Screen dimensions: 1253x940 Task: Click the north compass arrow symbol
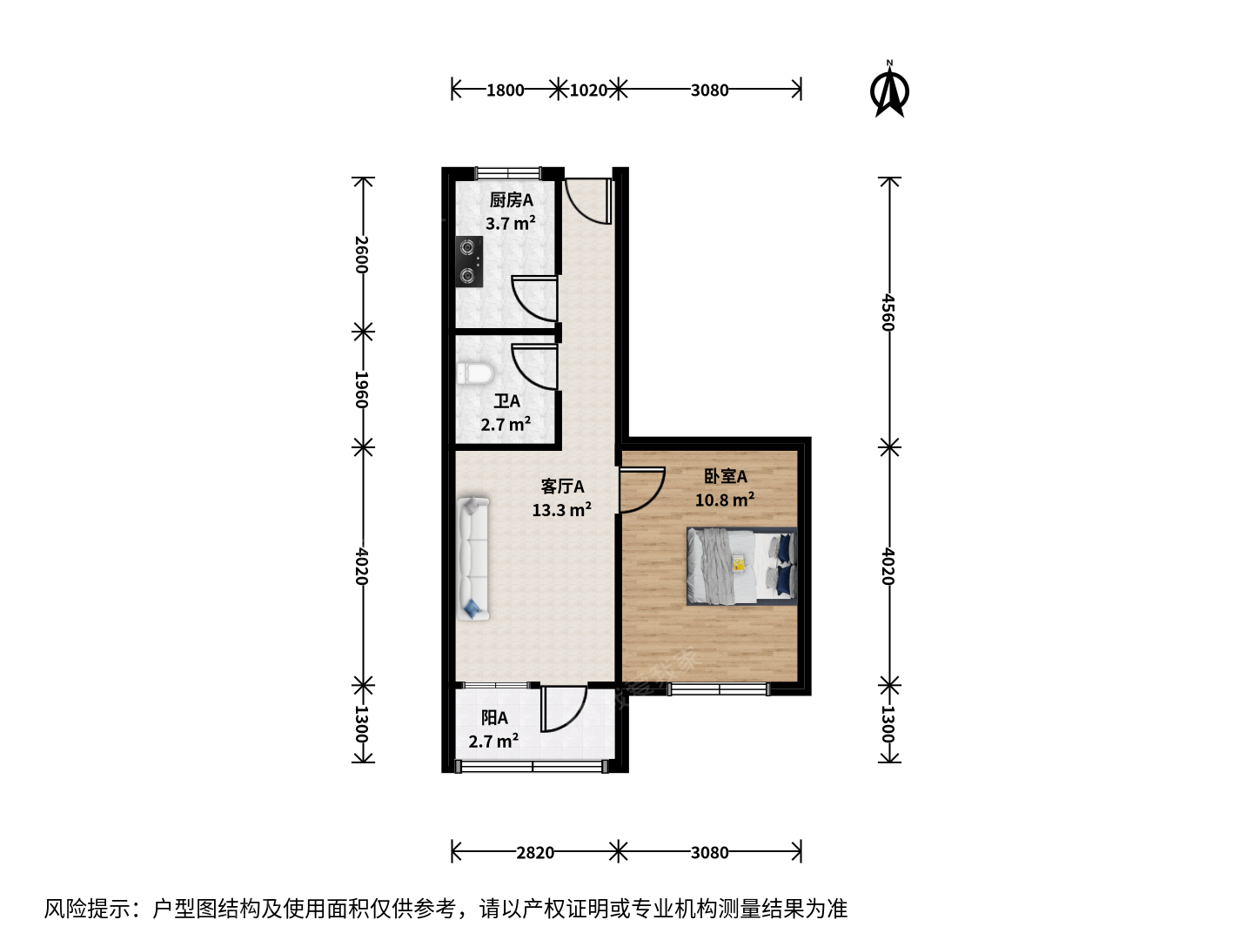pyautogui.click(x=889, y=91)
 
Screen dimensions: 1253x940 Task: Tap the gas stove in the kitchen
pyautogui.click(x=469, y=262)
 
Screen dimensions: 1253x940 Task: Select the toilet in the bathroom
pyautogui.click(x=475, y=374)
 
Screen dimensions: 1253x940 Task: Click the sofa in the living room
pyautogui.click(x=473, y=558)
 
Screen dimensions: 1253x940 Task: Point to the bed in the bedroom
pyautogui.click(x=741, y=566)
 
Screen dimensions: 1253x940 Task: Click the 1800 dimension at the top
pyautogui.click(x=506, y=91)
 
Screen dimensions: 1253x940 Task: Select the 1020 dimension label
pyautogui.click(x=588, y=91)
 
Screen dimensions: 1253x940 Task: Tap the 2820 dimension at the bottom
pyautogui.click(x=535, y=853)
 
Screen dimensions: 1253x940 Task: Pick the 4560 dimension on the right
pyautogui.click(x=888, y=312)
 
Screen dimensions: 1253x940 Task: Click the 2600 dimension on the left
pyautogui.click(x=362, y=254)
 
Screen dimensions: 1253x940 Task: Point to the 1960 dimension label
pyautogui.click(x=362, y=390)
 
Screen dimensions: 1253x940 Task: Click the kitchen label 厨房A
pyautogui.click(x=512, y=200)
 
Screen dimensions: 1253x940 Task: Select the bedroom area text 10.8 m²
pyautogui.click(x=725, y=500)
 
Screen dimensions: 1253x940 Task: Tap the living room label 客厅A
pyautogui.click(x=563, y=487)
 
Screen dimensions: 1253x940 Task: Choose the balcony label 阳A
pyautogui.click(x=494, y=717)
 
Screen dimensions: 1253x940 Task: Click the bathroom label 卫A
pyautogui.click(x=507, y=401)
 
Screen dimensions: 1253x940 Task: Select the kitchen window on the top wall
pyautogui.click(x=508, y=172)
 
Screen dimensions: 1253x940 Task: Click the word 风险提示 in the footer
pyautogui.click(x=87, y=909)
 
